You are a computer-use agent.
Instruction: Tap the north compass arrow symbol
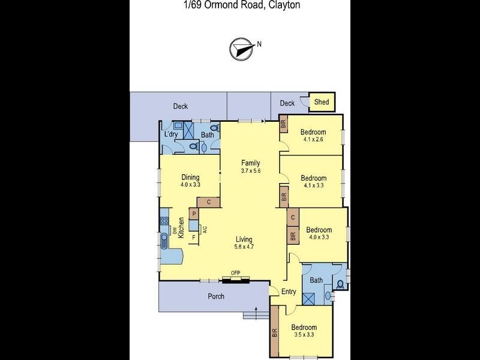pyautogui.click(x=241, y=48)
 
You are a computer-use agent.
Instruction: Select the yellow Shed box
pyautogui.click(x=322, y=102)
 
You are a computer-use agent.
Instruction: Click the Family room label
pyautogui.click(x=250, y=163)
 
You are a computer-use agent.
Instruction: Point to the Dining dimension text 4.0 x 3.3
pyautogui.click(x=190, y=185)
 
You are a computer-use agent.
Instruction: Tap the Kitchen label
pyautogui.click(x=181, y=229)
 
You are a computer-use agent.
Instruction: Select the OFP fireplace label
pyautogui.click(x=235, y=273)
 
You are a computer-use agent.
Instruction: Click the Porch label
pyautogui.click(x=216, y=296)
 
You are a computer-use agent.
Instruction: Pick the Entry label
pyautogui.click(x=289, y=292)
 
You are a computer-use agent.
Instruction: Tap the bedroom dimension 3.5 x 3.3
pyautogui.click(x=303, y=335)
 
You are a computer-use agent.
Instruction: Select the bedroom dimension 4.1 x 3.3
pyautogui.click(x=313, y=186)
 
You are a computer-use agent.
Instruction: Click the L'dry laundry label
pyautogui.click(x=170, y=134)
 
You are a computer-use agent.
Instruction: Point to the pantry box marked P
pyautogui.click(x=194, y=213)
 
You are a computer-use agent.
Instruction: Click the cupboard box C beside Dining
pyautogui.click(x=208, y=202)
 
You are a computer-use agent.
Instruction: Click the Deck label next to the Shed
pyautogui.click(x=287, y=103)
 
